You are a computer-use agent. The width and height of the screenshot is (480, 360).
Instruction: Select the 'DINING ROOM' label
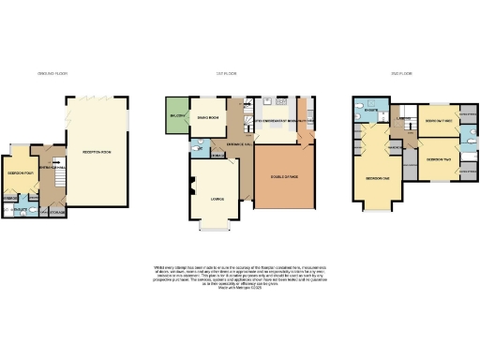coord(208,116)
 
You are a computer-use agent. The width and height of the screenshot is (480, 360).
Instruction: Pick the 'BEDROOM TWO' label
coord(436,159)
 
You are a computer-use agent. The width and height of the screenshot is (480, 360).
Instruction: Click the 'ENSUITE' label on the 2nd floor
coord(369,109)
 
